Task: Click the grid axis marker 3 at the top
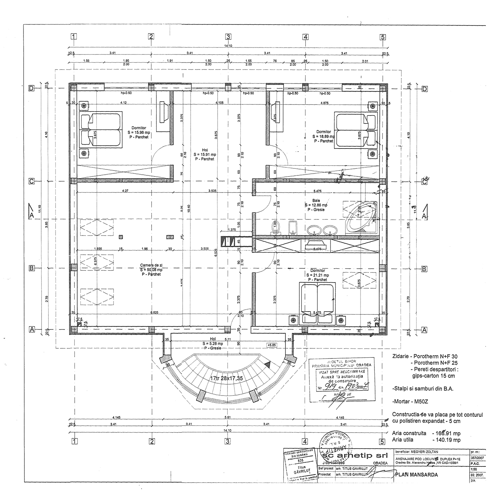click(228, 36)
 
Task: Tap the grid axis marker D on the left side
click(31, 88)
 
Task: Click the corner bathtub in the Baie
click(361, 217)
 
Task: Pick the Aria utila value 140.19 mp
click(446, 440)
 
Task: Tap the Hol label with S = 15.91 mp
click(205, 154)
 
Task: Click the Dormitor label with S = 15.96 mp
click(139, 132)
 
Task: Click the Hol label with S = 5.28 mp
click(213, 343)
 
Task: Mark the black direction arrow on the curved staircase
click(268, 364)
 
